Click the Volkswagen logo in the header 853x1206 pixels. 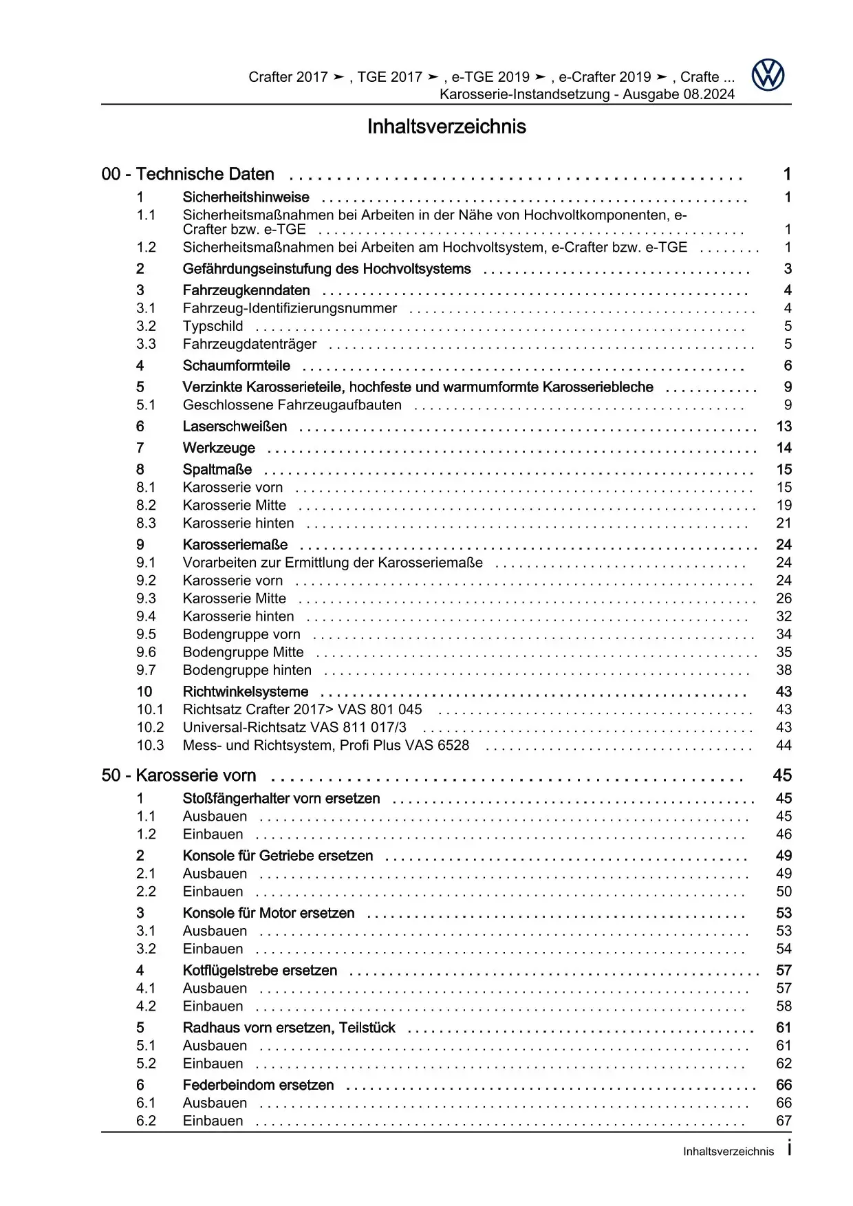click(x=768, y=75)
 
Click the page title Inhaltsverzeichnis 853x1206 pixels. click(x=446, y=127)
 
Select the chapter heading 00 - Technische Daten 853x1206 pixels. click(x=188, y=174)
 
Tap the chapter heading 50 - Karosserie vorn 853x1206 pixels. click(x=179, y=775)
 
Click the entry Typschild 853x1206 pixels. click(x=213, y=326)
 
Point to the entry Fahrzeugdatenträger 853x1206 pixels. click(x=250, y=344)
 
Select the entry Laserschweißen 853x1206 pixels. click(x=235, y=427)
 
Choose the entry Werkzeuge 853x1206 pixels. click(x=219, y=448)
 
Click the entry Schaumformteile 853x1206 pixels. click(x=236, y=365)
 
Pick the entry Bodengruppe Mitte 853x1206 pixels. click(x=243, y=652)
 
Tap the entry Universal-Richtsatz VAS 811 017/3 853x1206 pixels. click(x=294, y=727)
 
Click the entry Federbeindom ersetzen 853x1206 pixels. click(x=258, y=1085)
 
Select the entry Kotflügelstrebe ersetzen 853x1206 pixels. click(x=259, y=970)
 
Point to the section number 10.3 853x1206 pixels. click(x=150, y=745)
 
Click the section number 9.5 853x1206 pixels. click(x=146, y=634)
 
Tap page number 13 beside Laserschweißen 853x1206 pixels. click(x=784, y=427)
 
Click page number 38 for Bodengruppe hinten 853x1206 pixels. click(x=784, y=670)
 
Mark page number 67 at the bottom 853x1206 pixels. click(x=784, y=1121)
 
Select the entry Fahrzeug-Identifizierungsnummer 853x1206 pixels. click(x=290, y=308)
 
